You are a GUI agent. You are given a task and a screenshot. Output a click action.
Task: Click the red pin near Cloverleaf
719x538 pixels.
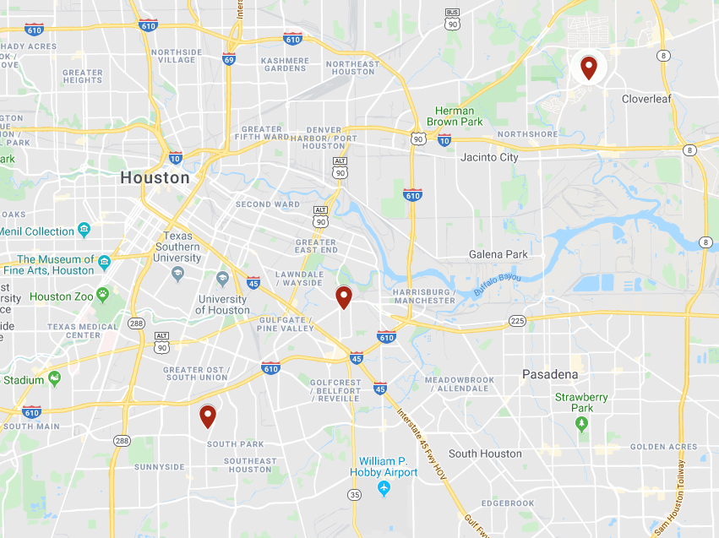click(x=588, y=66)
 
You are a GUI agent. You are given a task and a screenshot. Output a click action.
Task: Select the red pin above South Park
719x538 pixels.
click(x=207, y=416)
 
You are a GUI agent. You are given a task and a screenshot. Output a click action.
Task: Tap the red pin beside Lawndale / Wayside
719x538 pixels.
click(x=343, y=296)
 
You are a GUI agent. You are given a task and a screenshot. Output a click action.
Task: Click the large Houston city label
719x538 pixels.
click(x=155, y=178)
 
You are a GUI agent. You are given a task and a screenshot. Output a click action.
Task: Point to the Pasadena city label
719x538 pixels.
click(x=550, y=374)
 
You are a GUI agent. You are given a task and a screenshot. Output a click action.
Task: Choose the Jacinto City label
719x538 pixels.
click(x=489, y=157)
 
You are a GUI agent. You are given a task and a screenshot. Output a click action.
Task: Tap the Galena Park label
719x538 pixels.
click(x=498, y=254)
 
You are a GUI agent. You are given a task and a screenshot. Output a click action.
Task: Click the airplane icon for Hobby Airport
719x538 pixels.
click(x=384, y=489)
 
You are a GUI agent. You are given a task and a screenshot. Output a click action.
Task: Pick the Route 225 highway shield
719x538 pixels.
click(x=517, y=321)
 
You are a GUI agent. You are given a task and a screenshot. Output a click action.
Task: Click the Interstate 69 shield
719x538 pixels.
click(x=229, y=58)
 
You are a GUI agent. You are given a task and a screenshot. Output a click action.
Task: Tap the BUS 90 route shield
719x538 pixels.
click(x=453, y=19)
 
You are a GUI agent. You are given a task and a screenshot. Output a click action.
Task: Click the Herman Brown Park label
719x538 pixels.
click(x=455, y=117)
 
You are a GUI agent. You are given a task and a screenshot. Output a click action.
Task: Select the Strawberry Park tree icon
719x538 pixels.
click(x=581, y=425)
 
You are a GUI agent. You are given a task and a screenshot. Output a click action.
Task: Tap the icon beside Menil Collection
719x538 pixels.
click(x=84, y=230)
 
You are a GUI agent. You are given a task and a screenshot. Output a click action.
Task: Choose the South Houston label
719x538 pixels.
click(x=485, y=454)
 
